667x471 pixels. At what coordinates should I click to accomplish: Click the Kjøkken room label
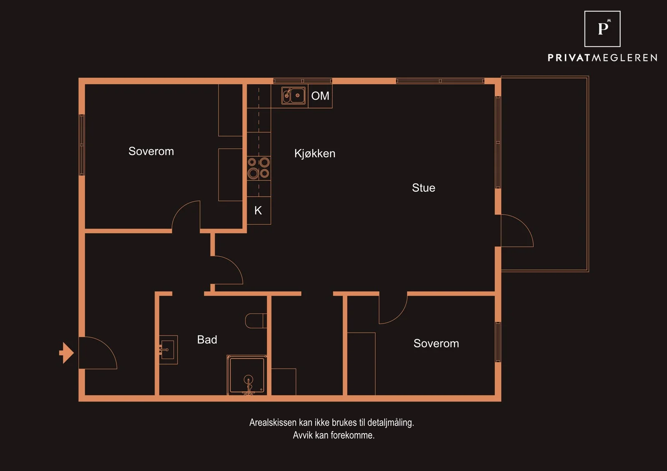point(315,154)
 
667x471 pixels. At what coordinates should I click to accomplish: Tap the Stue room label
point(424,188)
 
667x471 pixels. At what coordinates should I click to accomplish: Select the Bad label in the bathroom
point(207,339)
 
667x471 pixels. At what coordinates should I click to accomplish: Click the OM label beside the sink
point(320,96)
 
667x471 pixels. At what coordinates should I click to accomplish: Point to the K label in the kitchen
point(258,210)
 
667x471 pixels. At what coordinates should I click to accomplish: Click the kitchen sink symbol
point(293,95)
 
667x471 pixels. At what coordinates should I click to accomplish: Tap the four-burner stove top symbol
point(259,168)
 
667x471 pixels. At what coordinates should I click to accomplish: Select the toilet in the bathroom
point(256,321)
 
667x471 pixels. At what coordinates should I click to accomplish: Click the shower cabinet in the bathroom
point(247,375)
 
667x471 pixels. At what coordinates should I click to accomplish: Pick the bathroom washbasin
point(168,349)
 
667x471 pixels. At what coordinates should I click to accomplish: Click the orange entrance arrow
point(66,353)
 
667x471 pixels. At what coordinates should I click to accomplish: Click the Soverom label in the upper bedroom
point(151,151)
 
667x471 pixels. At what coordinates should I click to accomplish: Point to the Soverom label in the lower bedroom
point(436,343)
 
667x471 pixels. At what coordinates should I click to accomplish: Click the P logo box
point(602,29)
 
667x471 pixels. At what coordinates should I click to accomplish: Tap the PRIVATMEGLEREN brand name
point(602,58)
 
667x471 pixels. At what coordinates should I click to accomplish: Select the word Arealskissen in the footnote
point(273,422)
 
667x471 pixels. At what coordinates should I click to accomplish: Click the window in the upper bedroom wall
point(82,145)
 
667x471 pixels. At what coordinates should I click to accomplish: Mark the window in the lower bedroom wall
point(498,342)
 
